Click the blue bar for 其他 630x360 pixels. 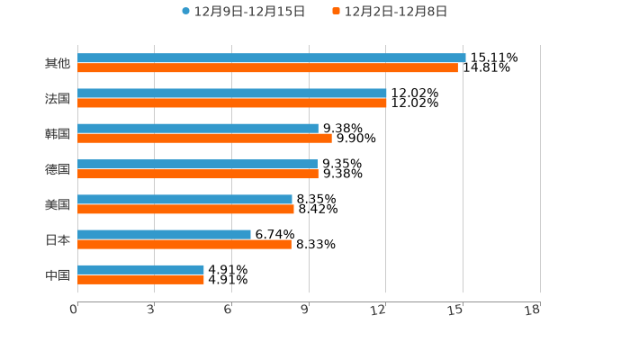click(x=271, y=58)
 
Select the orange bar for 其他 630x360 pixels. click(x=267, y=67)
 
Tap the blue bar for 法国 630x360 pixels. click(x=231, y=94)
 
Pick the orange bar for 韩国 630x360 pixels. click(x=204, y=139)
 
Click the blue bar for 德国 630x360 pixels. click(x=197, y=164)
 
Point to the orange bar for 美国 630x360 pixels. click(x=185, y=209)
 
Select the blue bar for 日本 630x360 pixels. click(x=164, y=234)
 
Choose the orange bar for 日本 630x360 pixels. click(x=184, y=244)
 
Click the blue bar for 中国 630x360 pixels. click(x=140, y=269)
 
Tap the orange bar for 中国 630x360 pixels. click(x=140, y=279)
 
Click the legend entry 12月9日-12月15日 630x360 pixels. click(x=243, y=12)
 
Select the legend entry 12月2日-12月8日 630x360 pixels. click(x=389, y=12)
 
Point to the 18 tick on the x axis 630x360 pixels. click(x=533, y=310)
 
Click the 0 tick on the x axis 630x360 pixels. click(x=74, y=310)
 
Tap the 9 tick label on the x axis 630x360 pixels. click(x=304, y=310)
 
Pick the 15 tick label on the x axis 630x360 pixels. click(x=456, y=310)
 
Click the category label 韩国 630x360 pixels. click(x=58, y=134)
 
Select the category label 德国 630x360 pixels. click(x=58, y=169)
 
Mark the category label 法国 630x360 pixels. click(x=58, y=99)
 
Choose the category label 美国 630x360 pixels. click(x=58, y=204)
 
